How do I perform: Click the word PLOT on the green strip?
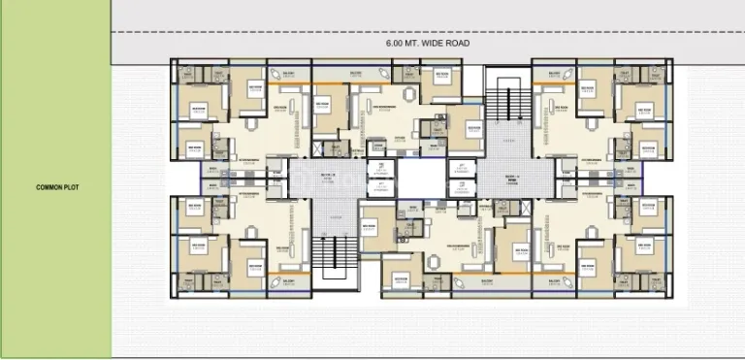[65, 188]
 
